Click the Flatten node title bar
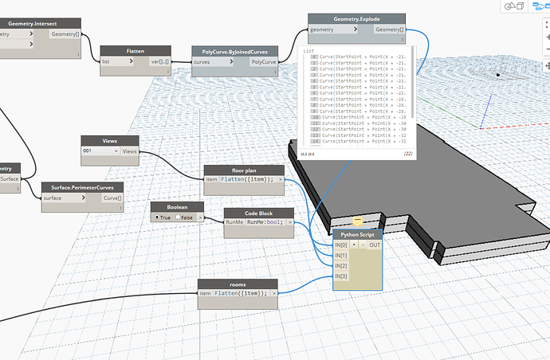coord(135,50)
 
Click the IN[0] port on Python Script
coord(341,245)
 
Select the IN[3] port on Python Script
coord(341,276)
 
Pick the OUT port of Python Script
coord(375,245)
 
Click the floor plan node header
coord(244,170)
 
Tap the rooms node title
coord(238,284)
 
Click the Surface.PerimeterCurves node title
coord(82,187)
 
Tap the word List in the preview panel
coord(310,50)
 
